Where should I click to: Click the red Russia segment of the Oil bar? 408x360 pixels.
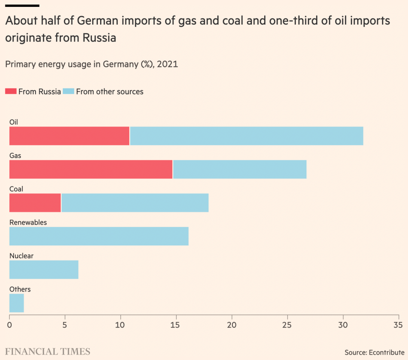(69, 136)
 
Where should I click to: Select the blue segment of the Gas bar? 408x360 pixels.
(240, 169)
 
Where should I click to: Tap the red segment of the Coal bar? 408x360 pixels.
(35, 203)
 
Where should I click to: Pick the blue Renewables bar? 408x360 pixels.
(99, 236)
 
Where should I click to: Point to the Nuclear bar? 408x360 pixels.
(44, 270)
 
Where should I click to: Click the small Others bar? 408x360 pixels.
(17, 303)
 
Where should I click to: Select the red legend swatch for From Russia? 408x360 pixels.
(11, 92)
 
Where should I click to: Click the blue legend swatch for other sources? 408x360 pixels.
(68, 92)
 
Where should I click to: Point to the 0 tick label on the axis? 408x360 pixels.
(9, 325)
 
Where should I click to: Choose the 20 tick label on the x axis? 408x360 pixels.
(232, 325)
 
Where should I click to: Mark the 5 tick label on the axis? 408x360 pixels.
(65, 325)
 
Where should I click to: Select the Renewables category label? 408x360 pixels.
(28, 222)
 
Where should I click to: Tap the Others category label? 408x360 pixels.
(20, 289)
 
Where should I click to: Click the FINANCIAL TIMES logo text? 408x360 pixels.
(48, 352)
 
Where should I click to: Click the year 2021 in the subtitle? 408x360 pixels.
(167, 64)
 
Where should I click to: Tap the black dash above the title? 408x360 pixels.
(22, 6)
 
